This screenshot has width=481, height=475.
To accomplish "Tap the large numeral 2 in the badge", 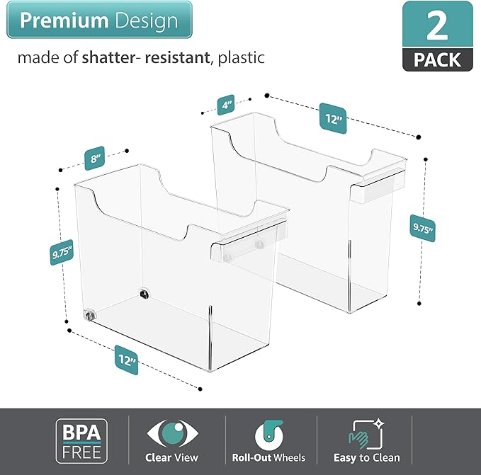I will click(437, 25).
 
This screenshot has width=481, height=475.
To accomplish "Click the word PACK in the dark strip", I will click(437, 59).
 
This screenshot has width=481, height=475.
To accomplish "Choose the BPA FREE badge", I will click(82, 440).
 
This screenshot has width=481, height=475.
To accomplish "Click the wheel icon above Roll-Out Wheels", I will click(268, 433).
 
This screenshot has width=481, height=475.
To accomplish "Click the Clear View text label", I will click(172, 457).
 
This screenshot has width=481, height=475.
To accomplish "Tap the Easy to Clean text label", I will click(366, 457).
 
